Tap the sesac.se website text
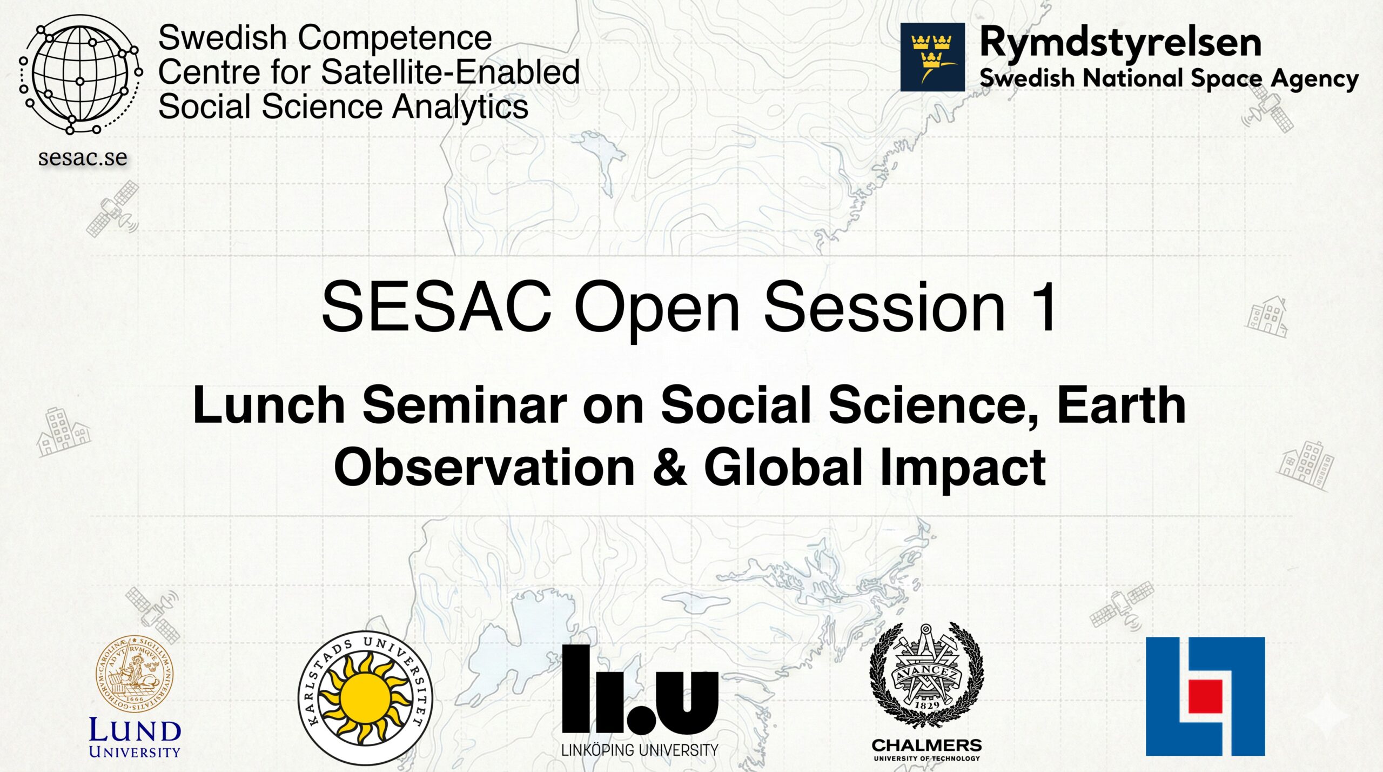tap(83, 157)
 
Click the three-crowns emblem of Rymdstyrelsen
tap(932, 57)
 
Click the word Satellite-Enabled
tap(450, 72)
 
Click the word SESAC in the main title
tap(437, 306)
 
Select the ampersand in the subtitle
tap(669, 467)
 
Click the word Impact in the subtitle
tap(963, 468)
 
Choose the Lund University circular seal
tap(135, 674)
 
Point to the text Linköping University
tap(640, 750)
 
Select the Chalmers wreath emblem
tap(927, 674)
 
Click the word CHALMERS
tap(927, 746)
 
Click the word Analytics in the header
tap(460, 107)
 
